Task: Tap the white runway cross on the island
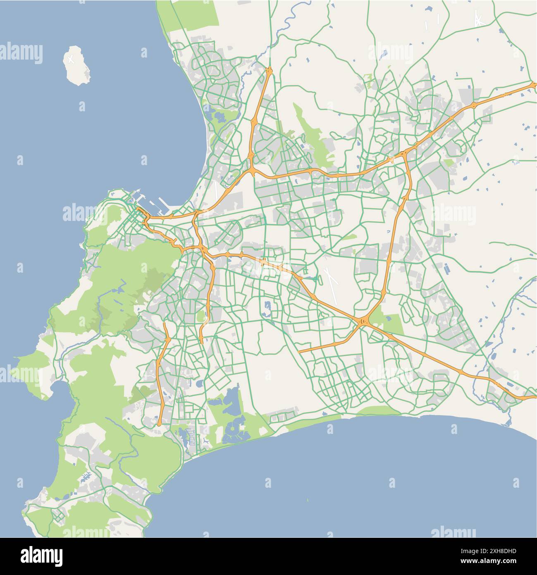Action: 71,59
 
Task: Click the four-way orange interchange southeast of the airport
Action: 363,321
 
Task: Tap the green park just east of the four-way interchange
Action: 391,323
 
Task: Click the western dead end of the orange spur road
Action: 299,352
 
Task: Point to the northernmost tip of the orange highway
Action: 269,68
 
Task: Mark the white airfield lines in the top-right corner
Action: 478,19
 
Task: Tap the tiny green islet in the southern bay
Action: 308,500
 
